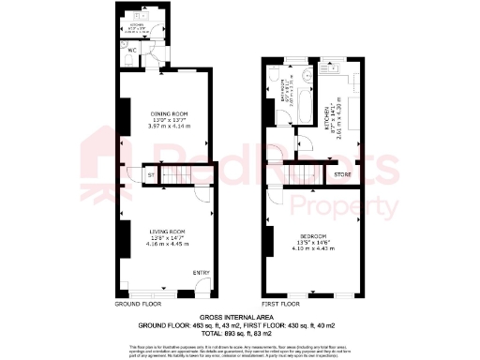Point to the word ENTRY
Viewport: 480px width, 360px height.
(x=202, y=273)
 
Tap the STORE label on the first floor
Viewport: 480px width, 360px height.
(x=342, y=174)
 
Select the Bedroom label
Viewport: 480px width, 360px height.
(x=313, y=235)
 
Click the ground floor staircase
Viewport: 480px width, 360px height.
(x=184, y=174)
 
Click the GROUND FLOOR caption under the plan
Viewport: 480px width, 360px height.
(x=136, y=305)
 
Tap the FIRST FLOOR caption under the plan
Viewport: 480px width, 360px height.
(x=281, y=305)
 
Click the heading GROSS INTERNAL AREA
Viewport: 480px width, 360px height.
(x=239, y=317)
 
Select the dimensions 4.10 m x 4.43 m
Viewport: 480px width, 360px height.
(x=313, y=248)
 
